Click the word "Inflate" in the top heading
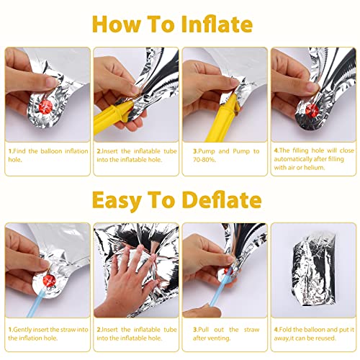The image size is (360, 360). (217, 24)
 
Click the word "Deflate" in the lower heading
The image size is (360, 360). (222, 199)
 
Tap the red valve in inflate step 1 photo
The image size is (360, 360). (45, 107)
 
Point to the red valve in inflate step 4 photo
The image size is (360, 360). (312, 110)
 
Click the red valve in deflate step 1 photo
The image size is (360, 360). (49, 281)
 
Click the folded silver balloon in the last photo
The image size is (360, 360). (314, 269)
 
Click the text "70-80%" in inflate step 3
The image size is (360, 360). (204, 160)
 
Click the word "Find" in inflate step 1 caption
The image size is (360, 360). (19, 151)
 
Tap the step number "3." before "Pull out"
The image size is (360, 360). (196, 330)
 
